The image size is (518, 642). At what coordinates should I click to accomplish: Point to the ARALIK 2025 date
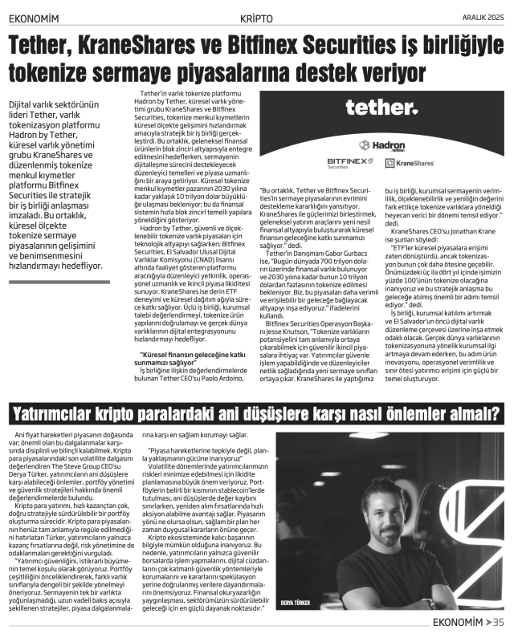pos(483,17)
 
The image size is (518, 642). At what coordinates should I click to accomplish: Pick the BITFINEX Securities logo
pos(348,161)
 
